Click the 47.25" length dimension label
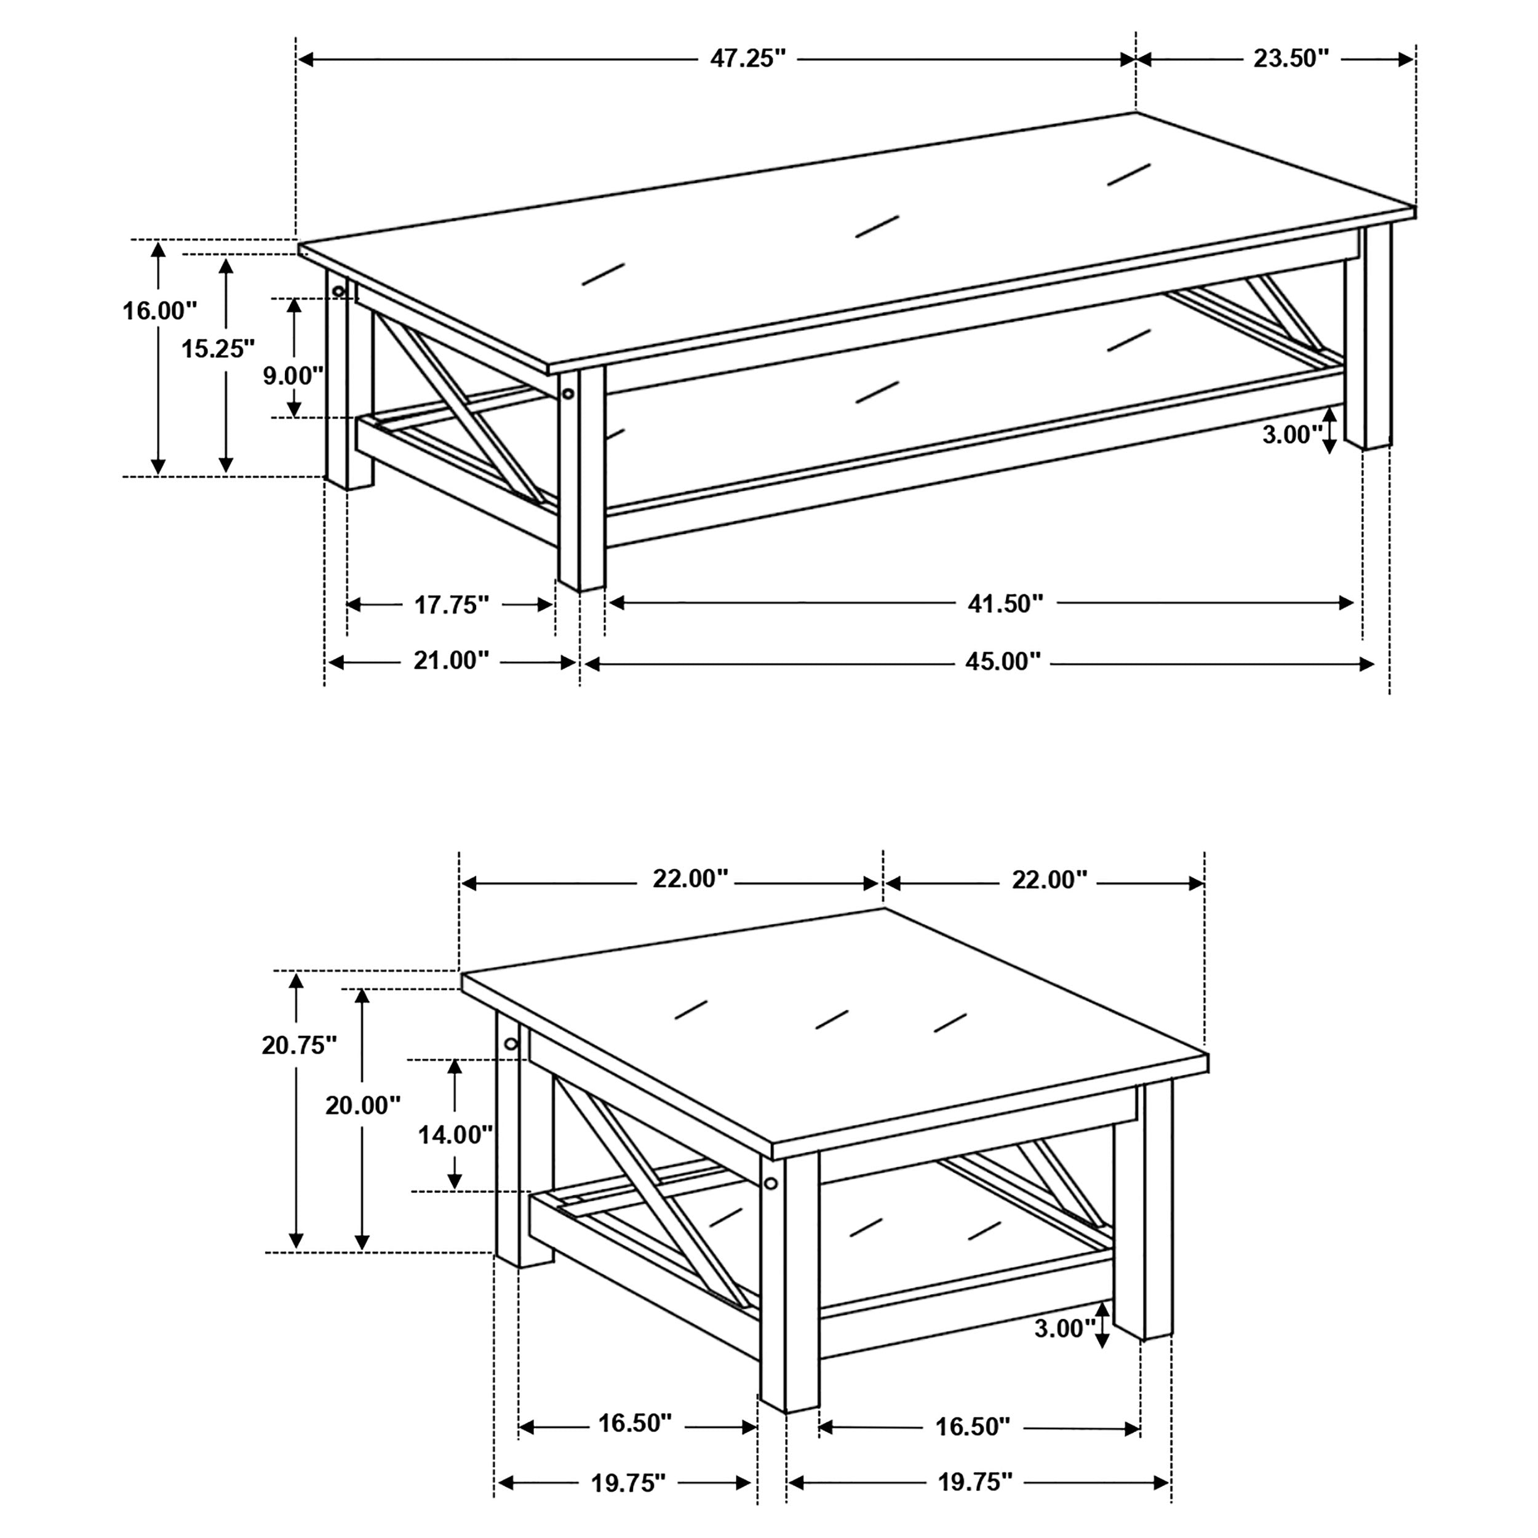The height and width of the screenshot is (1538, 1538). coord(747,59)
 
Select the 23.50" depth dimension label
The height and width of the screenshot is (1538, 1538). coord(1291,59)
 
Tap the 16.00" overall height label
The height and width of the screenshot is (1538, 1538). coord(159,311)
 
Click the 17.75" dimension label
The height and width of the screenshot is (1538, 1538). coord(450,605)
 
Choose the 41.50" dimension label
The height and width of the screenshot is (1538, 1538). coord(1005,604)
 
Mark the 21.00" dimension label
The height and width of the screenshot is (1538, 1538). coord(450,660)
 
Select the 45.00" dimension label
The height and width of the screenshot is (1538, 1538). coord(1003,661)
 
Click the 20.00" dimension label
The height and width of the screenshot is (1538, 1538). coord(363,1105)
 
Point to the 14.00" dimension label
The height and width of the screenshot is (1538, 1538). coord(455,1134)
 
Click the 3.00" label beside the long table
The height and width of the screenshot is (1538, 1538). coord(1291,435)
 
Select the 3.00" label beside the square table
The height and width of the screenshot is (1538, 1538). coord(1064,1328)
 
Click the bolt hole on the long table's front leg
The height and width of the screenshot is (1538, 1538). coord(568,394)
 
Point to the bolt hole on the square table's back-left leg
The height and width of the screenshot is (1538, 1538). coord(510,1043)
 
